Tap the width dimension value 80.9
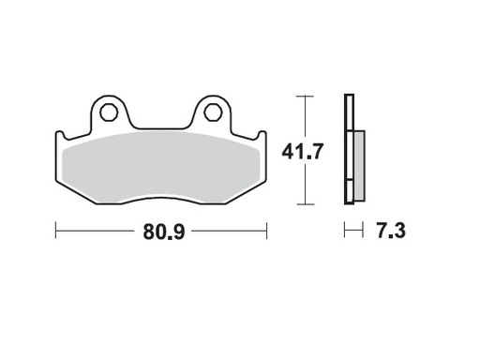tap(162, 231)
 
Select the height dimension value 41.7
tap(302, 149)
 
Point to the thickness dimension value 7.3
tap(388, 230)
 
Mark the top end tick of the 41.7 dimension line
tap(302, 96)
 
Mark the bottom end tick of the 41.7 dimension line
tap(302, 203)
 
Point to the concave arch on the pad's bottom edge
tap(162, 196)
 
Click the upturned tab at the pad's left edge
tap(59, 142)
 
